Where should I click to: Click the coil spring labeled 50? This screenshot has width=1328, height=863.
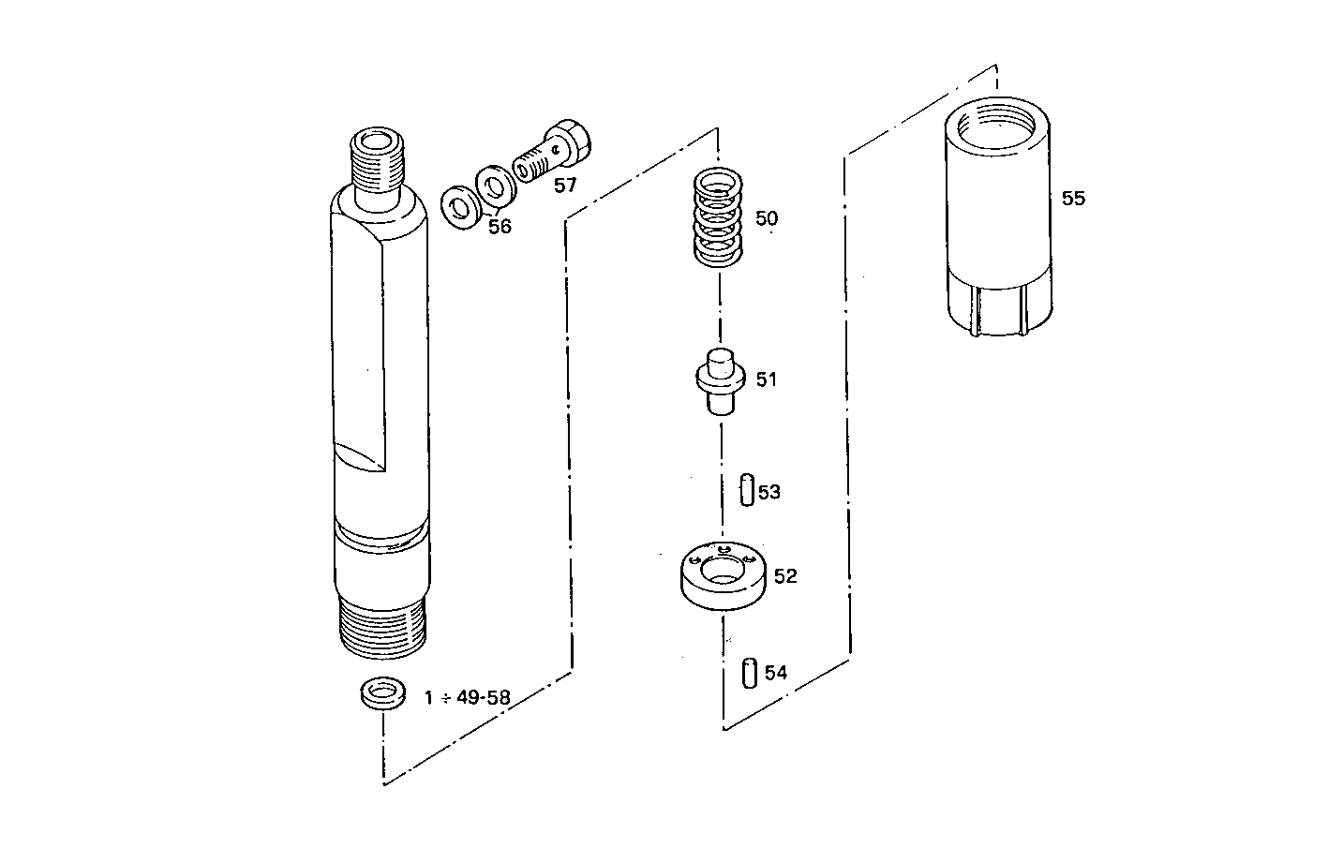click(x=718, y=220)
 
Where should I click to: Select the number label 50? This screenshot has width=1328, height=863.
click(x=766, y=219)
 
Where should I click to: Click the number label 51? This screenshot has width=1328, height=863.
click(x=767, y=380)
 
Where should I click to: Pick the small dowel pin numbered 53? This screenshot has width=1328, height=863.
click(x=746, y=490)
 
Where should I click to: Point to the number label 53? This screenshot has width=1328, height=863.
click(x=769, y=492)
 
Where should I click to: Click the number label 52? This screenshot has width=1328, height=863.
click(x=785, y=576)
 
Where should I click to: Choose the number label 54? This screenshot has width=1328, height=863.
click(x=775, y=673)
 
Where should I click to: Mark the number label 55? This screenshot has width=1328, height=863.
click(x=1073, y=199)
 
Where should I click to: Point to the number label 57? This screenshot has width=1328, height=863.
click(x=565, y=186)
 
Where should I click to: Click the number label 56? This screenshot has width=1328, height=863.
click(x=500, y=226)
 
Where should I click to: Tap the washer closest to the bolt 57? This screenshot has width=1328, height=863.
click(x=493, y=186)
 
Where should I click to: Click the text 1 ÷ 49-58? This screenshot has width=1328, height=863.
click(x=467, y=698)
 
